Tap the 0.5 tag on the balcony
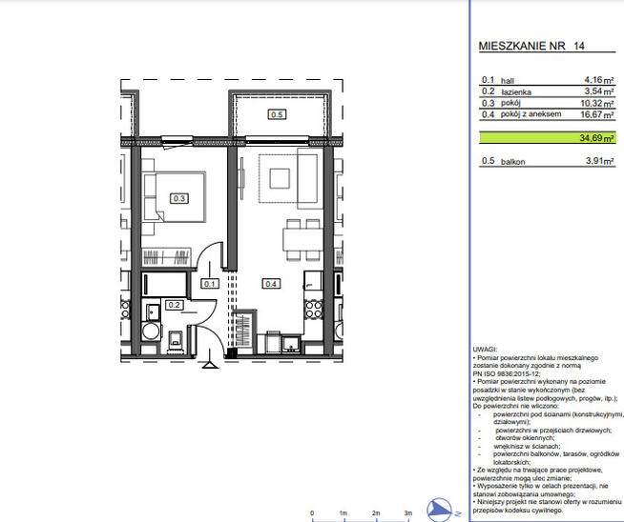(277, 114)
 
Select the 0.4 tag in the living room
(271, 283)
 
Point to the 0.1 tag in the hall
(210, 283)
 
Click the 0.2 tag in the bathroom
(174, 305)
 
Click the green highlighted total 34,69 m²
(595, 138)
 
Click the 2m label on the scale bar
(376, 513)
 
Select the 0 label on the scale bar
(312, 513)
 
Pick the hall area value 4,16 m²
(598, 81)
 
